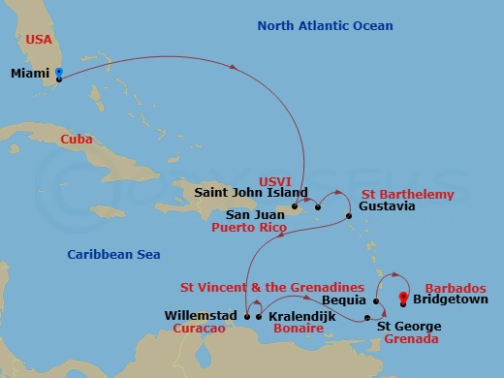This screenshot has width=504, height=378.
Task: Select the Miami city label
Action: [31, 75]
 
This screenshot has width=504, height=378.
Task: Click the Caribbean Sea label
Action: [113, 254]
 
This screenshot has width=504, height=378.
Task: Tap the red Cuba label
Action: [76, 140]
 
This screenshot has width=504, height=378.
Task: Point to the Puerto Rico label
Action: [247, 230]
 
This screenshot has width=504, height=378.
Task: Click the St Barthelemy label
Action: [407, 194]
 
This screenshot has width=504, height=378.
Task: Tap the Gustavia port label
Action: [387, 207]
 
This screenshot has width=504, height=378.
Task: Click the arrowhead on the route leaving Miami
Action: [236, 66]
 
